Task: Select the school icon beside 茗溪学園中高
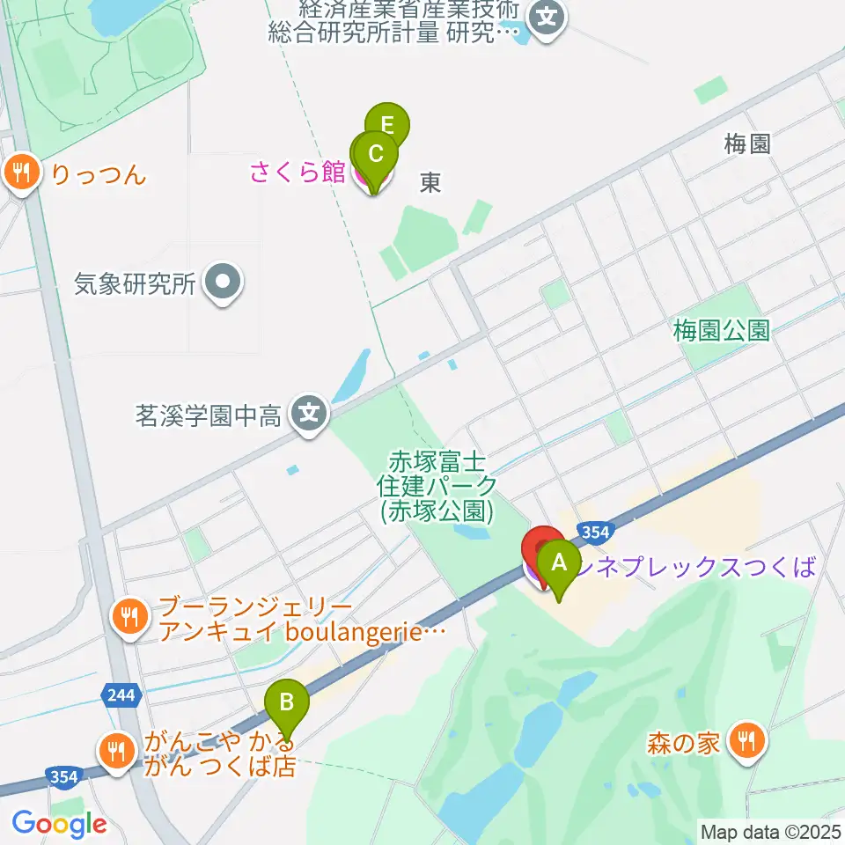[x=309, y=411]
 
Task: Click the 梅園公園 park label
[x=721, y=331]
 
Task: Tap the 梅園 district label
[x=747, y=144]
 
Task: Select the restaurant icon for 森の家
[x=746, y=741]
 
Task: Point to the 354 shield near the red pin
[x=594, y=531]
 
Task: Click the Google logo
[x=58, y=824]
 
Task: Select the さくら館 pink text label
[x=297, y=172]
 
